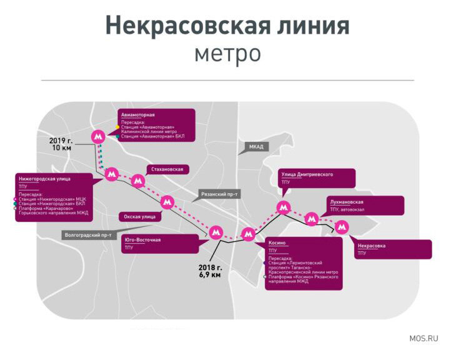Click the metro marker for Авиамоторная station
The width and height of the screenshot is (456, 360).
click(97, 136)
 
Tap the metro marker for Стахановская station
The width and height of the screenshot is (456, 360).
click(139, 181)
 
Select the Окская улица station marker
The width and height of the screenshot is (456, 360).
click(166, 202)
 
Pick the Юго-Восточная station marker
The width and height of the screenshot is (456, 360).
click(216, 232)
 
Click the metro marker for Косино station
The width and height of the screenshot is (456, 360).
click(249, 234)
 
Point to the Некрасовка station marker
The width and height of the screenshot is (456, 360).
click(341, 227)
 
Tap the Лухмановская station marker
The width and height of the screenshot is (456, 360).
click(311, 218)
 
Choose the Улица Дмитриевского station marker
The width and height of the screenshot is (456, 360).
click(284, 207)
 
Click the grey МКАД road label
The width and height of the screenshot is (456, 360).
click(256, 147)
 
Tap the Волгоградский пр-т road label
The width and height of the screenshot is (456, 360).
click(88, 235)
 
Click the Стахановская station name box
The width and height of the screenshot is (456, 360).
click(167, 169)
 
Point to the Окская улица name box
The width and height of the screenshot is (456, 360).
click(140, 216)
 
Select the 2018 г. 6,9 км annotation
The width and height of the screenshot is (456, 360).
click(211, 271)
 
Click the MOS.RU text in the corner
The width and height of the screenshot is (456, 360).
click(424, 338)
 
